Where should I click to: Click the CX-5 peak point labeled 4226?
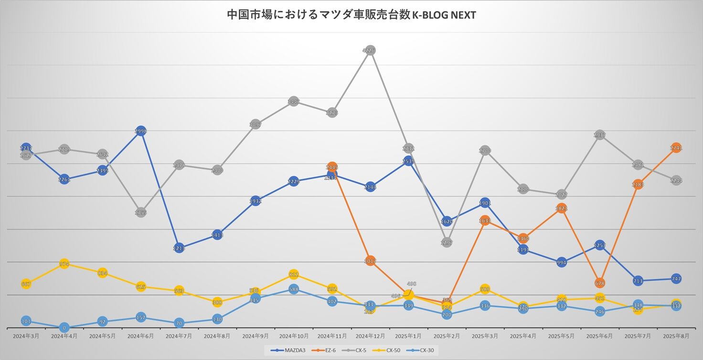coord(370,51)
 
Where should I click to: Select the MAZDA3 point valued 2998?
coord(141,131)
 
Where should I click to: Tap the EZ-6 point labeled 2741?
coord(676,148)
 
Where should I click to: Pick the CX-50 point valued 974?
coord(64,264)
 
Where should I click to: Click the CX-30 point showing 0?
coord(64,328)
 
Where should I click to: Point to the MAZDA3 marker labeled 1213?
coord(179,248)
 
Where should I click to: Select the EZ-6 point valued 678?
coord(600,283)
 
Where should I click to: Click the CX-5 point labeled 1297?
coord(447,243)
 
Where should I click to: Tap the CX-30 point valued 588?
coord(294,289)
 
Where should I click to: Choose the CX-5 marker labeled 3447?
coord(294,101)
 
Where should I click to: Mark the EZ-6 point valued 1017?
coord(370,261)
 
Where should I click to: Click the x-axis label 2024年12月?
coord(370,336)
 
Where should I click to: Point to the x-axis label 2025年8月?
coord(676,336)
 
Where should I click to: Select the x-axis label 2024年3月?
coord(26,336)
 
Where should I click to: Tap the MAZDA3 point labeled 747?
coord(676,278)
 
